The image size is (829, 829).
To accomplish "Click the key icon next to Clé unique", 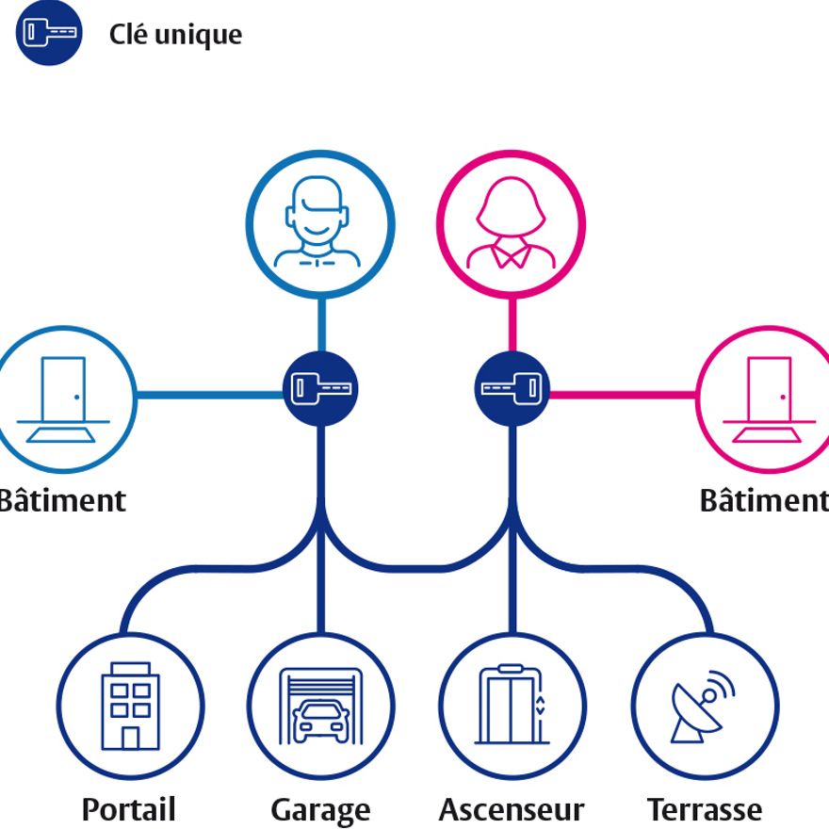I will click(49, 33).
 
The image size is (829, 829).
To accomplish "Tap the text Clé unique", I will click(175, 35).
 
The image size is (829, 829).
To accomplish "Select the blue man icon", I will click(320, 225).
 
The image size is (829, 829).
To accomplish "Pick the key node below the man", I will click(321, 388).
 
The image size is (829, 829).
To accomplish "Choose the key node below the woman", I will click(512, 388).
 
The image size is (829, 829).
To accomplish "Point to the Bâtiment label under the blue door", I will click(62, 500).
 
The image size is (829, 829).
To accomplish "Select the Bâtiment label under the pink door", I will click(763, 500).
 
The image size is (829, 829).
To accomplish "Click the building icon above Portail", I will click(129, 706).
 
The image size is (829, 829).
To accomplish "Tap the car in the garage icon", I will click(320, 721).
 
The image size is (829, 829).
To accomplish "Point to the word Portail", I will click(129, 809).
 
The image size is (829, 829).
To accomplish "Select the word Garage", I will click(320, 810).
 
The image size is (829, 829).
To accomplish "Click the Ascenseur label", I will click(512, 809).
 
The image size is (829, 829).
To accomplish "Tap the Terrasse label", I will click(705, 809).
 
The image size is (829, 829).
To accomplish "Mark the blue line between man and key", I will click(321, 325).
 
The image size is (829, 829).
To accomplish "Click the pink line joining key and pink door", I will click(622, 394).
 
